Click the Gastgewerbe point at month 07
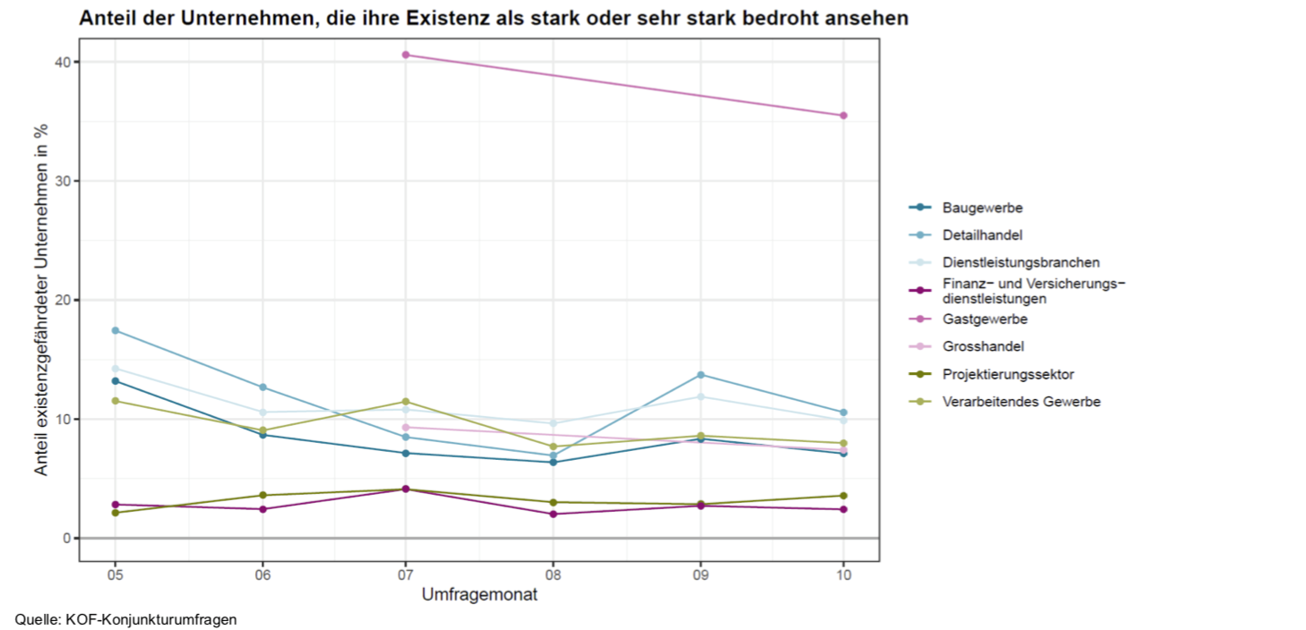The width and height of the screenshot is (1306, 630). (x=406, y=55)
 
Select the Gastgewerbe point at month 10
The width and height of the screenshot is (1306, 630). (x=843, y=115)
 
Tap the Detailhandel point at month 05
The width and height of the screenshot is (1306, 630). (x=115, y=330)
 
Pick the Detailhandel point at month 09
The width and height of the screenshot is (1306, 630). (x=700, y=374)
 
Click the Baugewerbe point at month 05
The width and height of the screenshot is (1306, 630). (x=115, y=381)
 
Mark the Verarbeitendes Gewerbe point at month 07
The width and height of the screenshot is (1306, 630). (x=406, y=402)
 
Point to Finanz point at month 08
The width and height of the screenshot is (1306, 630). (x=553, y=514)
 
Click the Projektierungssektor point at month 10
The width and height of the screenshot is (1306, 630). (x=843, y=496)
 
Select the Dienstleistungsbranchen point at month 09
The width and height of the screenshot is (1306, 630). (x=700, y=396)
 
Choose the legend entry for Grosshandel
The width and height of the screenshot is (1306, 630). (x=983, y=346)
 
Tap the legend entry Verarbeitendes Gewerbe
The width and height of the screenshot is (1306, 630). (x=1020, y=402)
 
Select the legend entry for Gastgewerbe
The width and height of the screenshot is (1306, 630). (x=984, y=319)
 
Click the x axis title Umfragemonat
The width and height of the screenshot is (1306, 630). (x=479, y=594)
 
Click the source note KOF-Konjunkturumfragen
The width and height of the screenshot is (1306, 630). (x=151, y=619)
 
